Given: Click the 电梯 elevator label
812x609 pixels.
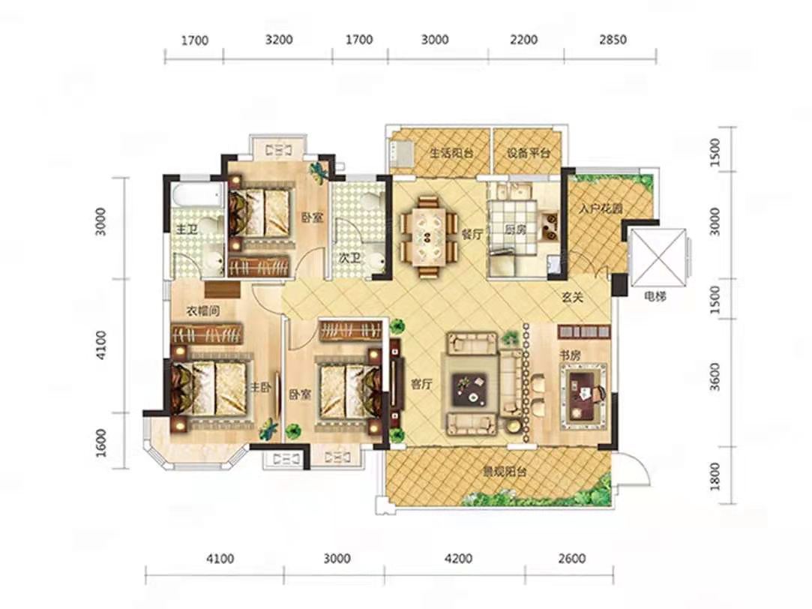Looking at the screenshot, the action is (655, 297).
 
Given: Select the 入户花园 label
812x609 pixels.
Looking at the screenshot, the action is (601, 208).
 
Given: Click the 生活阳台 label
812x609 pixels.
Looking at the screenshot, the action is (451, 153).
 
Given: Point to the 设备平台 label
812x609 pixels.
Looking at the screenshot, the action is (529, 153).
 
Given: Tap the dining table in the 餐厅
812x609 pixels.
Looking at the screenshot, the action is (427, 236).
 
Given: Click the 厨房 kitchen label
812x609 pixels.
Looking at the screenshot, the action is (515, 229).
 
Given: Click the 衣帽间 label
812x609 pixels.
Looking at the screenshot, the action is (203, 310).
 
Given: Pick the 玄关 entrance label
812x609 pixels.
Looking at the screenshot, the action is (574, 297).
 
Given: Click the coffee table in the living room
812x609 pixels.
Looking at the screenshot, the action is (469, 390).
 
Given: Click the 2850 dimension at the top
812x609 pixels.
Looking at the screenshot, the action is (613, 39).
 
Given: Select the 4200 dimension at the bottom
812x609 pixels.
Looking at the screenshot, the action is (458, 558).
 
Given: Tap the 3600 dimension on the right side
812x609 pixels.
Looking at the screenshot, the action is (715, 376).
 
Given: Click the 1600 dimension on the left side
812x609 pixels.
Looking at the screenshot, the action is (101, 442).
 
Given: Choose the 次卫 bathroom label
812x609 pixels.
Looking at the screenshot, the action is (350, 257).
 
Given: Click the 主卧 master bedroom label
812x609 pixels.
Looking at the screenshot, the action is (261, 388).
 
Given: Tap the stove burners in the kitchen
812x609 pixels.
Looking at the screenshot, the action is (548, 226).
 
